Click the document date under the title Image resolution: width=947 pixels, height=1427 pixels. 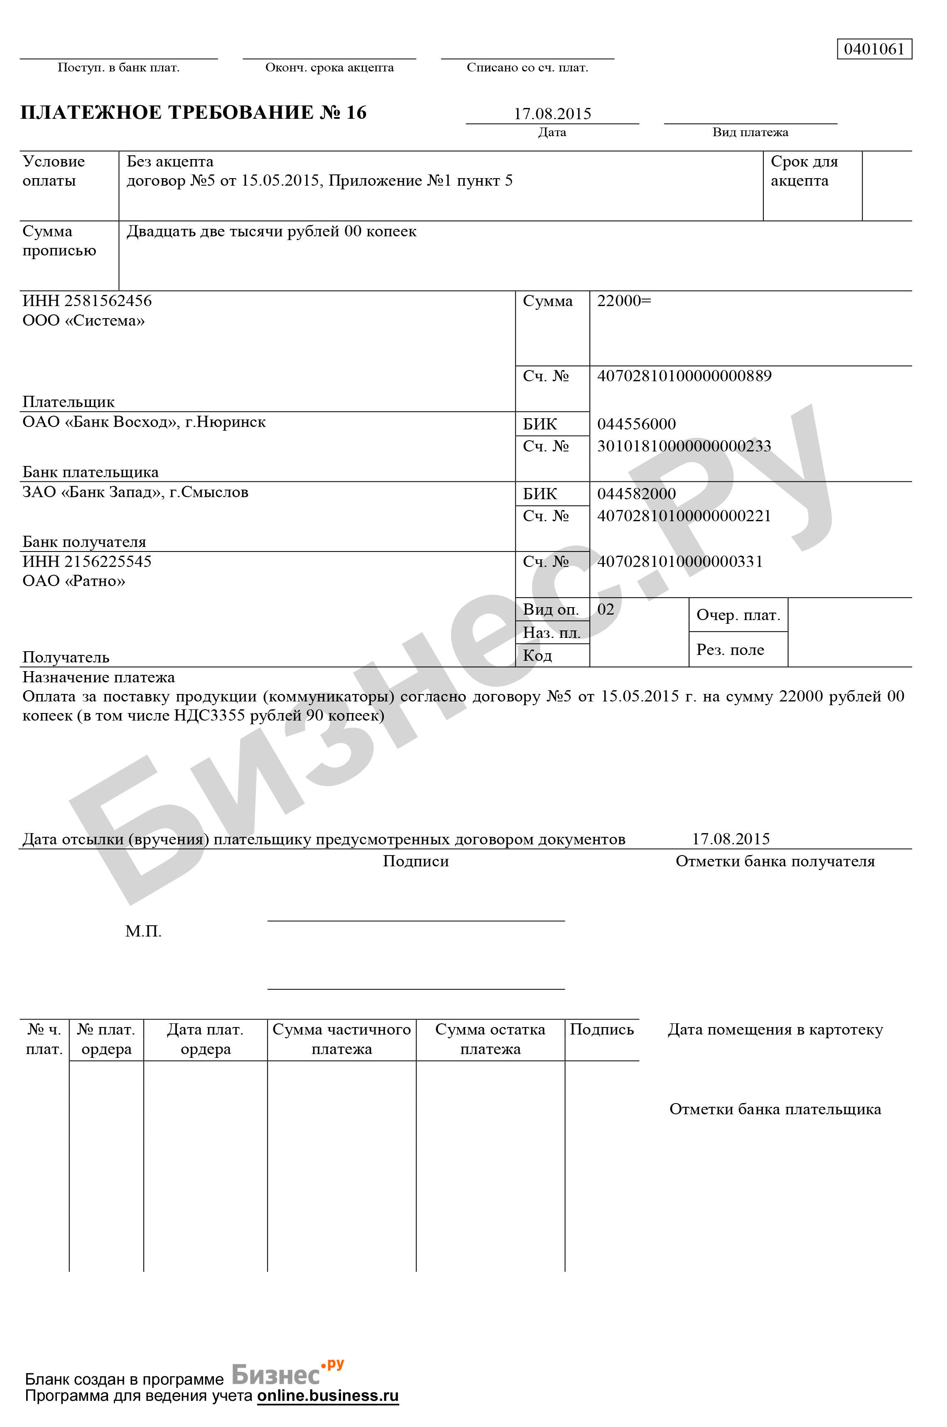coord(552,113)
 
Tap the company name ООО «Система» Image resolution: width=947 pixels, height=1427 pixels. coord(83,321)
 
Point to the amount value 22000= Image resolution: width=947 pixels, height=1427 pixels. coord(624,301)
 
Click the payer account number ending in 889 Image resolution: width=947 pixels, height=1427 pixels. coord(684,375)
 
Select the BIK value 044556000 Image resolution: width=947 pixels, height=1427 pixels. coord(636,424)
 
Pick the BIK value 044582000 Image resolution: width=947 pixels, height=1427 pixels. coord(636,494)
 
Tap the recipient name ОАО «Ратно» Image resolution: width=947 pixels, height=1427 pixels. coord(74,581)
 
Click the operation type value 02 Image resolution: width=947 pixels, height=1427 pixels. coord(605,609)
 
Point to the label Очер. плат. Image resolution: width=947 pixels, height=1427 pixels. coord(738,615)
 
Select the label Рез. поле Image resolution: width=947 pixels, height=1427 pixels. coord(730,650)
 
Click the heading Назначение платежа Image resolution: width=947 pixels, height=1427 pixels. coord(98,677)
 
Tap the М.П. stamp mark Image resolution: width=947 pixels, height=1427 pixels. coord(143,931)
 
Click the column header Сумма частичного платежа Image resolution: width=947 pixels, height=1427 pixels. coord(341,1039)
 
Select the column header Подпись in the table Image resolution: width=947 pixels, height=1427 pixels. coord(601,1030)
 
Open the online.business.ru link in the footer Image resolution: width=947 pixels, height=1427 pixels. coord(328,1395)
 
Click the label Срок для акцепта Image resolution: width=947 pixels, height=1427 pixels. coord(804,171)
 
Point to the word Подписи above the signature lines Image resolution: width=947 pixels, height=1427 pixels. coord(415,861)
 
